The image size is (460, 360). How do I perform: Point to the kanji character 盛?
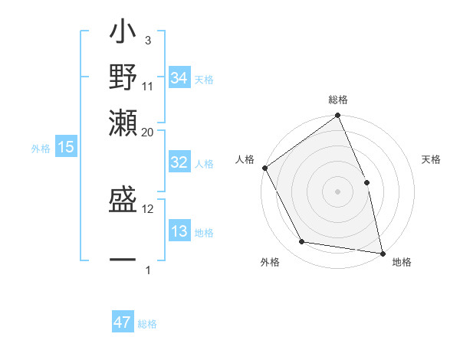pos(123,201)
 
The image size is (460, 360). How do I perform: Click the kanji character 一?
pos(123,260)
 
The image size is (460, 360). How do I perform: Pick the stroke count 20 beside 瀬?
pos(148,132)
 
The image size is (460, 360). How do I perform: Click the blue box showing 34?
pos(179,78)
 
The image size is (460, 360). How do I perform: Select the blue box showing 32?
pos(179,162)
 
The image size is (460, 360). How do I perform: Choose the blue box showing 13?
pos(179,231)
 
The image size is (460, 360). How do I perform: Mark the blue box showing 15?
pos(65,147)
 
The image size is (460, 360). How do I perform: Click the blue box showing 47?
pos(123,322)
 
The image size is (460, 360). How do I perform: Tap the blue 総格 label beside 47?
pos(147,324)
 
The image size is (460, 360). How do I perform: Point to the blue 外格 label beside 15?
pos(40,149)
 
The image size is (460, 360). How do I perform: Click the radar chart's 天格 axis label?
pos(431,159)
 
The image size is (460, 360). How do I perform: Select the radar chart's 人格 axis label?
pos(245,159)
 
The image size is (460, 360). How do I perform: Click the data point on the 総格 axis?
pos(337,116)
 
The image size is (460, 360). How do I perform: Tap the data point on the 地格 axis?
pos(382,252)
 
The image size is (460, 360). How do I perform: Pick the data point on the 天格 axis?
pos(366,182)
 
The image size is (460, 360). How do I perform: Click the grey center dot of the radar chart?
pos(337,191)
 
